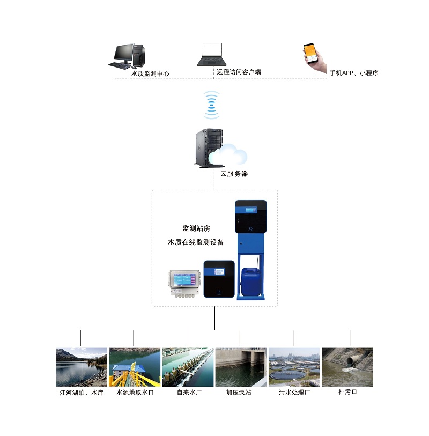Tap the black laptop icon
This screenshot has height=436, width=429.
(212, 55)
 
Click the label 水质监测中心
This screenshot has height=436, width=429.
(151, 73)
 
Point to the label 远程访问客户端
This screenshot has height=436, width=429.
(239, 71)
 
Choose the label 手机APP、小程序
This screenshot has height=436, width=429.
(354, 73)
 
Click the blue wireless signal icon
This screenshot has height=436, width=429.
(212, 105)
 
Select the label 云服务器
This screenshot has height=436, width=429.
(234, 174)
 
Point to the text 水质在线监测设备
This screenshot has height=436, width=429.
(196, 242)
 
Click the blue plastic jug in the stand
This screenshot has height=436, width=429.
(249, 282)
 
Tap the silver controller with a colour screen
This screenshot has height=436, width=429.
(184, 284)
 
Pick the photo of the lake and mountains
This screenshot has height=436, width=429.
(82, 367)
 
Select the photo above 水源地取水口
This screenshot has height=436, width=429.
(135, 367)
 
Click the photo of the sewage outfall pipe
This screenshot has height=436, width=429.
(347, 367)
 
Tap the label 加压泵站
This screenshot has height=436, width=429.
(239, 393)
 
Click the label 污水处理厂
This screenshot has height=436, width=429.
(294, 393)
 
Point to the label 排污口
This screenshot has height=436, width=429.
(347, 392)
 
